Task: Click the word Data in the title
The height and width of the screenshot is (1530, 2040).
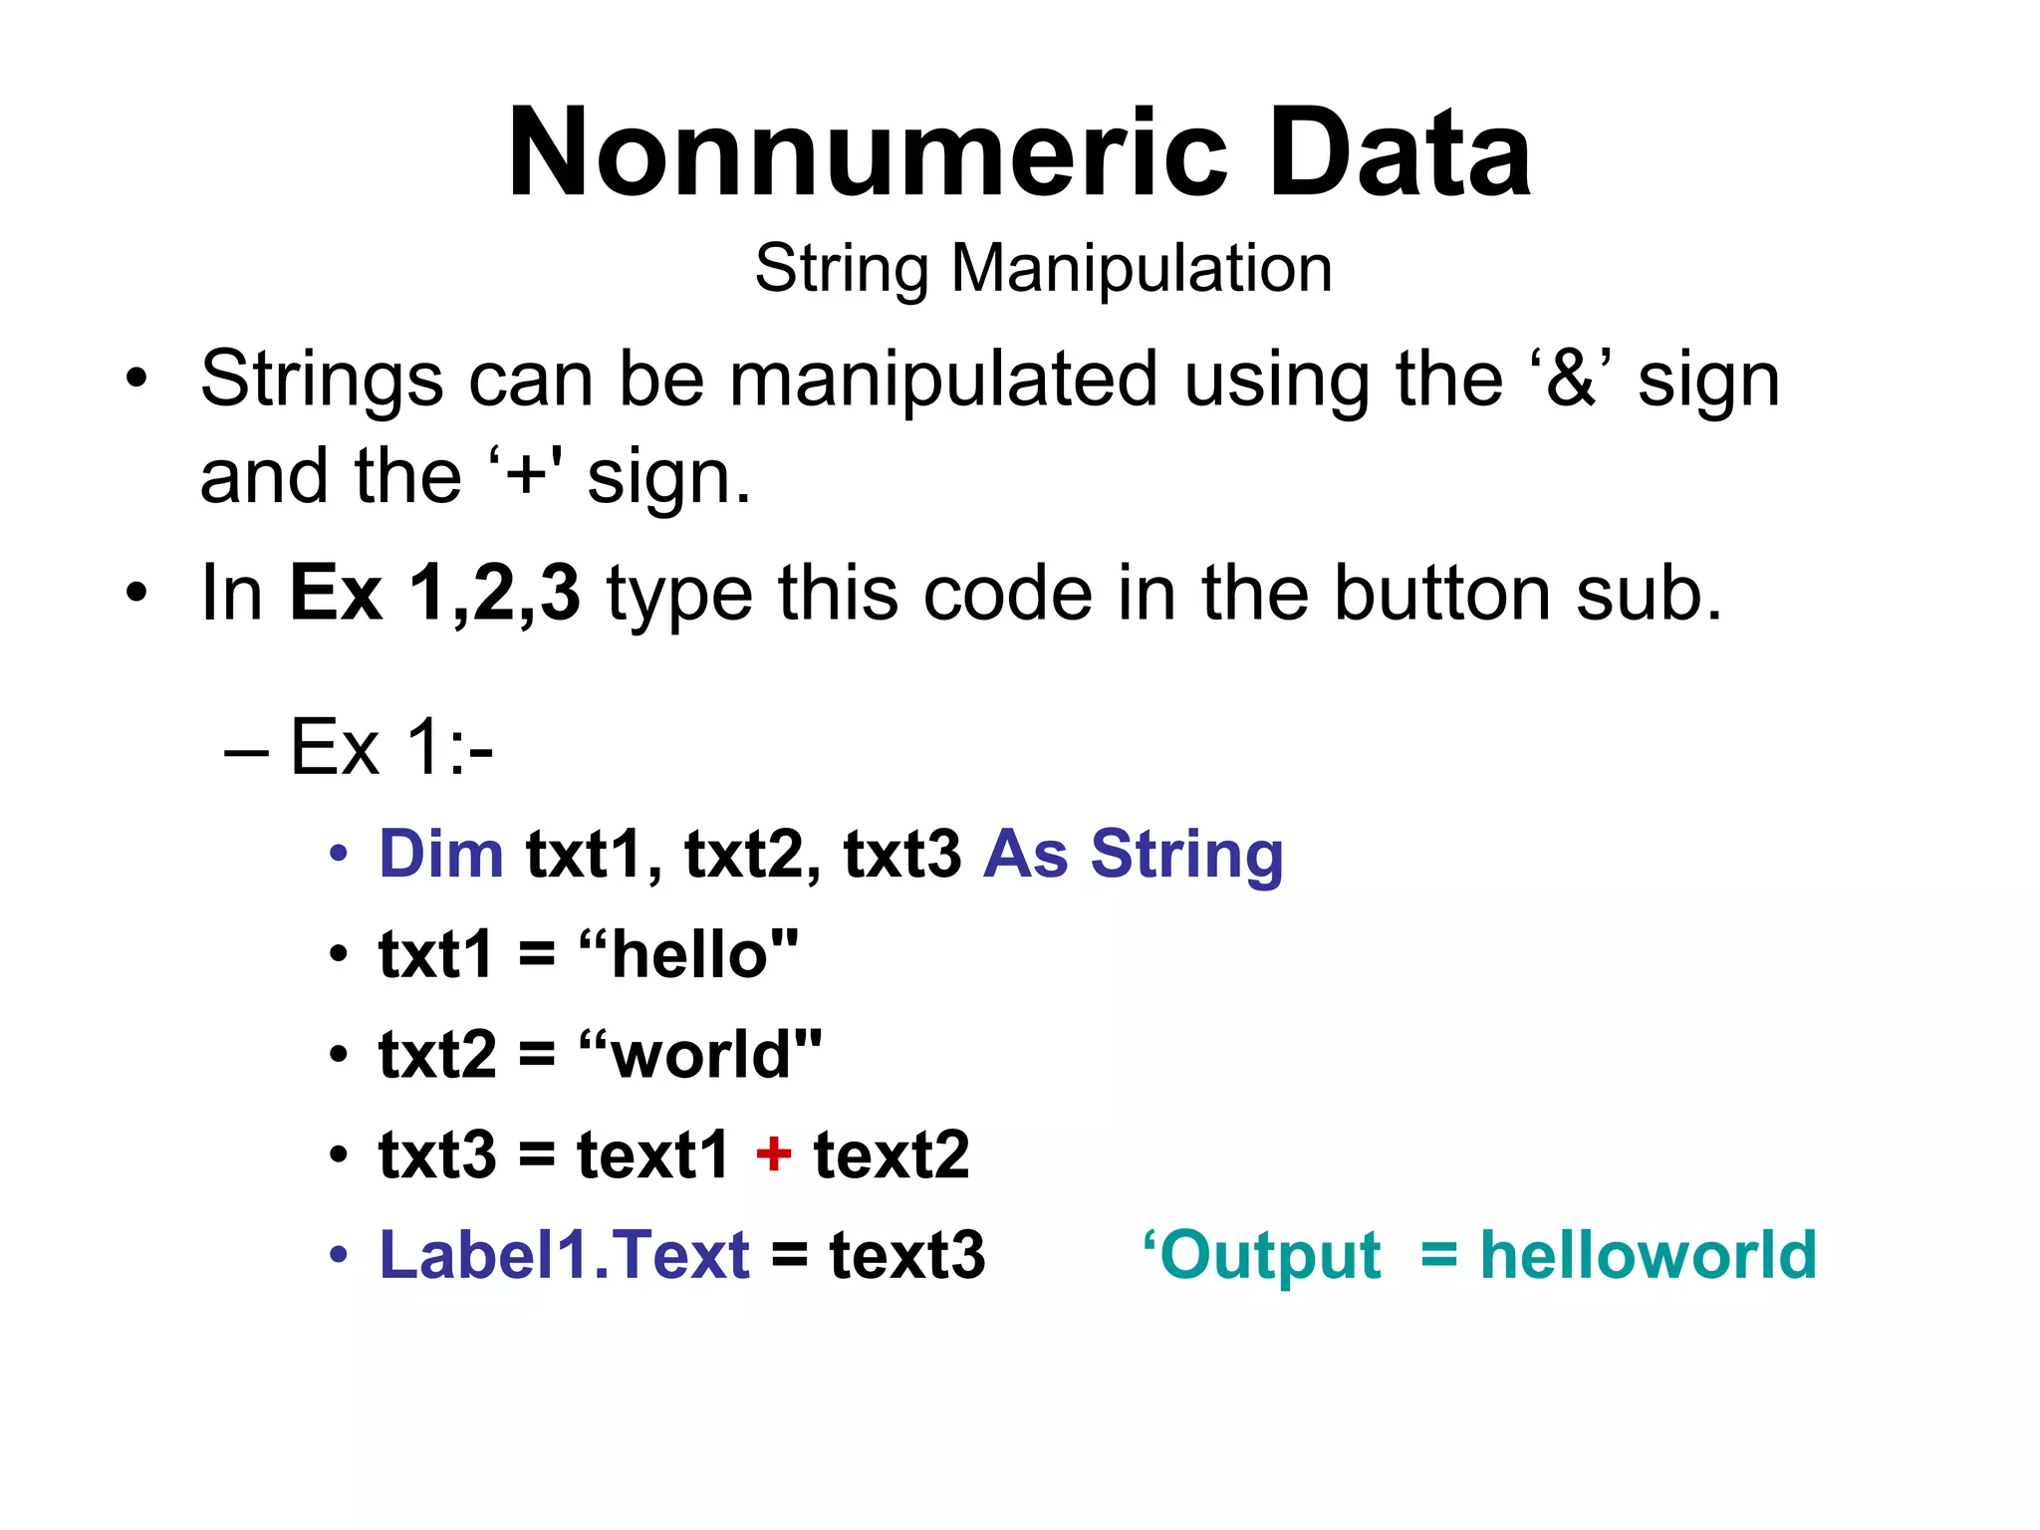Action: pyautogui.click(x=1400, y=154)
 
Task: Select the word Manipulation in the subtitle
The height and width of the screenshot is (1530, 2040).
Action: pyautogui.click(x=1142, y=269)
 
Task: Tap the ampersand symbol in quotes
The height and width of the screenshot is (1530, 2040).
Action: pyautogui.click(x=1571, y=380)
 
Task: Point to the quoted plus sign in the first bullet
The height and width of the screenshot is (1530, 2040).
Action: pyautogui.click(x=525, y=476)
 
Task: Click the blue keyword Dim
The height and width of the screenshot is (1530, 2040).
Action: pyautogui.click(x=441, y=855)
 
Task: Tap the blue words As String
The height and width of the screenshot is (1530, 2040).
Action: pyautogui.click(x=1133, y=855)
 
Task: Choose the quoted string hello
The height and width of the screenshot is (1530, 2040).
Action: pyautogui.click(x=688, y=954)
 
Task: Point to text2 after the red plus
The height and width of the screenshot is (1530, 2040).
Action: pyautogui.click(x=892, y=1155)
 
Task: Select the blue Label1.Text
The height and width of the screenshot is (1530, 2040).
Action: pyautogui.click(x=564, y=1255)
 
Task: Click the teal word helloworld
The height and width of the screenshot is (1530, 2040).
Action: pyautogui.click(x=1649, y=1255)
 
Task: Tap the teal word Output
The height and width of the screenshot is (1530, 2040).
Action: pyautogui.click(x=1270, y=1255)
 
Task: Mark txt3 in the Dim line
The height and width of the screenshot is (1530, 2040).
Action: pyautogui.click(x=902, y=855)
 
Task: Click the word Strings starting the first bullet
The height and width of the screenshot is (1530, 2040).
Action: pyautogui.click(x=321, y=380)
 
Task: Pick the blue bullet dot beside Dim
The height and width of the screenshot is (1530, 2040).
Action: pyautogui.click(x=340, y=855)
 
